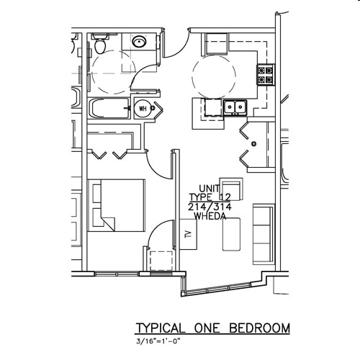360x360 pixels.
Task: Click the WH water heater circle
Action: [142, 109]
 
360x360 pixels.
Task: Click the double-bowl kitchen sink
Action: [235, 108]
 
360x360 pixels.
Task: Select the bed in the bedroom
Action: [117, 204]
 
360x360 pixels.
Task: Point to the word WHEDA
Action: [206, 215]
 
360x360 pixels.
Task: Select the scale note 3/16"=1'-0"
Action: [159, 341]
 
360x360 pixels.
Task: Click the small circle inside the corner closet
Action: [253, 143]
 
